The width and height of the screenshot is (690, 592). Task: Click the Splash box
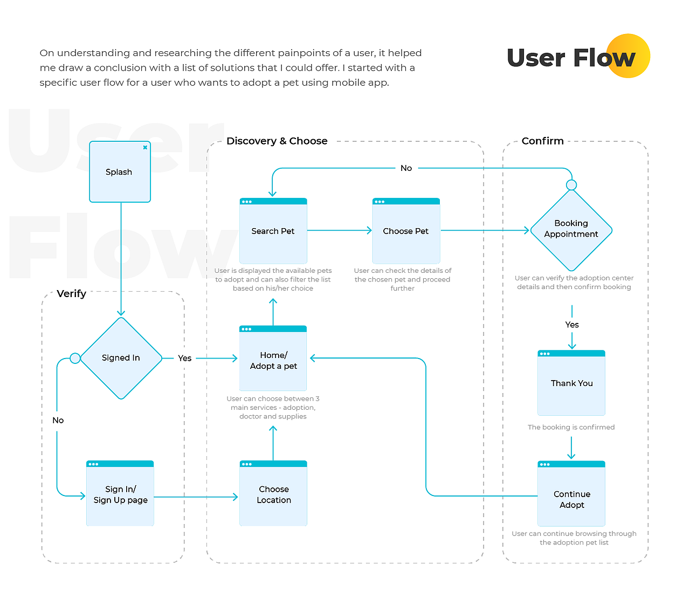click(120, 171)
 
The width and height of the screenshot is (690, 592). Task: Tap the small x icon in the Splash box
click(145, 147)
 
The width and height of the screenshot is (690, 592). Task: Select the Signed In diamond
click(121, 358)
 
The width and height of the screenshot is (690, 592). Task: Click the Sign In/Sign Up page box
click(120, 493)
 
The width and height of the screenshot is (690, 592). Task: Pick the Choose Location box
click(273, 493)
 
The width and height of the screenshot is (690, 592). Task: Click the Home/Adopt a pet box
click(273, 358)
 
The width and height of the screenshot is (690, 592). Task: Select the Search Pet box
click(273, 231)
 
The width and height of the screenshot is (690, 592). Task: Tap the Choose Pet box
click(406, 231)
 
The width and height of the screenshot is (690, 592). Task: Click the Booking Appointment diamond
click(571, 230)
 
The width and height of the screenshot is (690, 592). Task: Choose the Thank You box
click(571, 383)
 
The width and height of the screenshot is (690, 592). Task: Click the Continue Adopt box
click(571, 493)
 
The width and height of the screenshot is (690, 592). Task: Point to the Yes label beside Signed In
click(184, 358)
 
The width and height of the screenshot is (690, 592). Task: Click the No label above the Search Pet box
click(406, 168)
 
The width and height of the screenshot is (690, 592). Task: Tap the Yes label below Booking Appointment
click(572, 325)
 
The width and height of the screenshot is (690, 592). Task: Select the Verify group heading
click(72, 294)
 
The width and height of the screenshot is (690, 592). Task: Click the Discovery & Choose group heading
click(277, 141)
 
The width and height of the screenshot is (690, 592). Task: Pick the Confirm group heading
click(542, 141)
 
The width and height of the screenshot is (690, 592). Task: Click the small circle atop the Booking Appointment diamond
click(571, 184)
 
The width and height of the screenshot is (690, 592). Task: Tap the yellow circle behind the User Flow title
click(628, 56)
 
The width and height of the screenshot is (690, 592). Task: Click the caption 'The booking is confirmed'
click(571, 427)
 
